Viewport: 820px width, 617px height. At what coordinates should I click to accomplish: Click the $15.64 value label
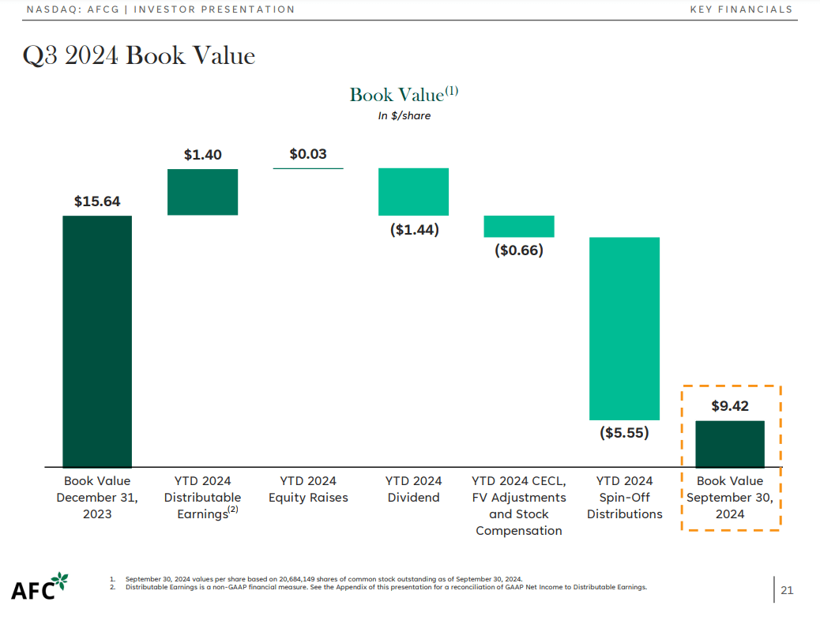point(97,201)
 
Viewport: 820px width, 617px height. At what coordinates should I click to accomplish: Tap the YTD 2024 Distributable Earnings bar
point(203,192)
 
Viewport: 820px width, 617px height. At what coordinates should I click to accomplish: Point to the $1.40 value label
point(203,155)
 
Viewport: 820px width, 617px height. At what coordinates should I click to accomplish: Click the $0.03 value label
point(308,154)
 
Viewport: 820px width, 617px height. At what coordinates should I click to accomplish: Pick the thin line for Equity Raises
point(308,168)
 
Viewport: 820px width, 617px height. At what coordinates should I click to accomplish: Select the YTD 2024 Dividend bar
point(413,192)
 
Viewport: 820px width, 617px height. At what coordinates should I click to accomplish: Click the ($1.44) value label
point(414,230)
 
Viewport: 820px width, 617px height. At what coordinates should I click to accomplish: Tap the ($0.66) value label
point(519,250)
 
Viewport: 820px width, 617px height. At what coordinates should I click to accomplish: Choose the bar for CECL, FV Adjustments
point(519,226)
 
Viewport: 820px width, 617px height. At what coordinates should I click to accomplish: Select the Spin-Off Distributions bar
point(624,328)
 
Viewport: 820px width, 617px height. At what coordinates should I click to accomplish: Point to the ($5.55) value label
point(624,433)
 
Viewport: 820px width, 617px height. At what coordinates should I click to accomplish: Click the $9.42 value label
point(730,407)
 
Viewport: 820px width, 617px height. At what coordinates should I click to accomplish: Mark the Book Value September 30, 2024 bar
point(730,443)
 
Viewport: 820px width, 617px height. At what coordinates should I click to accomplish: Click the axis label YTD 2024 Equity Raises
point(308,489)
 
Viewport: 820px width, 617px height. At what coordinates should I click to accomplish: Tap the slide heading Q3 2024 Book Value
point(138,56)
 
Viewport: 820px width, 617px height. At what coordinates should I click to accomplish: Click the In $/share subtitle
point(404,115)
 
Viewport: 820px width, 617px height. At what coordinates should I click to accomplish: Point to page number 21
point(787,589)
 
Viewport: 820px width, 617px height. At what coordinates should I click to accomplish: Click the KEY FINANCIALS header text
point(740,9)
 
